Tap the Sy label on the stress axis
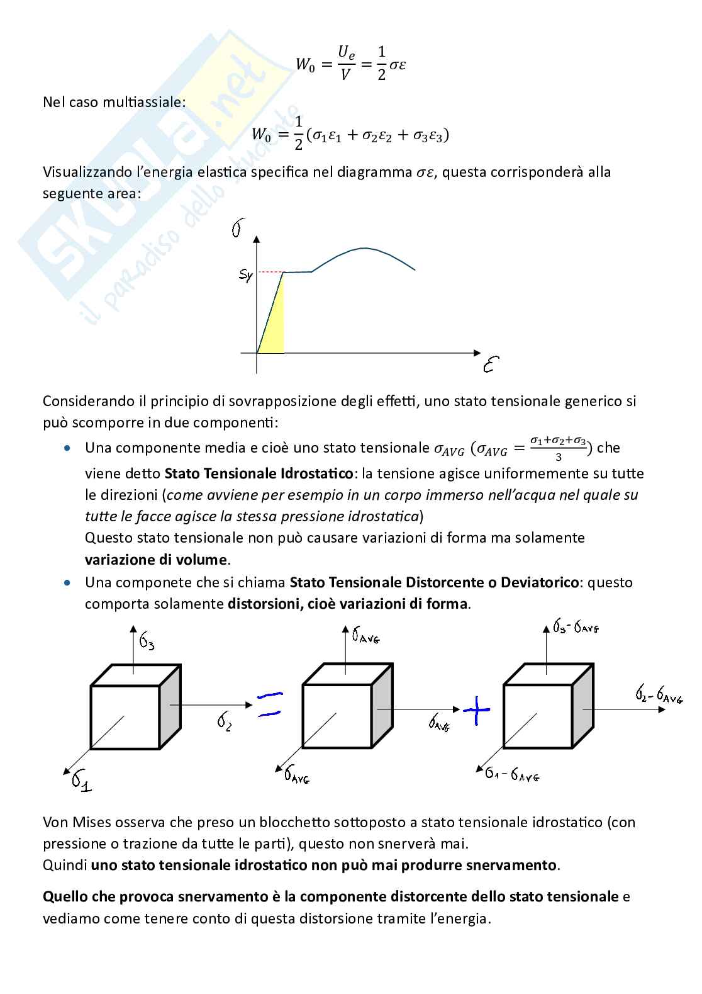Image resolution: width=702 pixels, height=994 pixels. coord(245,274)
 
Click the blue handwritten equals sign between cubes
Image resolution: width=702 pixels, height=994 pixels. coord(269,704)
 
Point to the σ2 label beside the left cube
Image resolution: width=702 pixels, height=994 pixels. coord(225,720)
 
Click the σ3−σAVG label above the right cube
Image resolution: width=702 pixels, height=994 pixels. coord(576,626)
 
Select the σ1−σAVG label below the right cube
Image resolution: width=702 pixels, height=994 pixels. coord(512,774)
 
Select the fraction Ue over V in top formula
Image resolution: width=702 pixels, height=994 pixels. coord(346,63)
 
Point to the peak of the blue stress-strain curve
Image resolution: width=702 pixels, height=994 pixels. coord(365,248)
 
